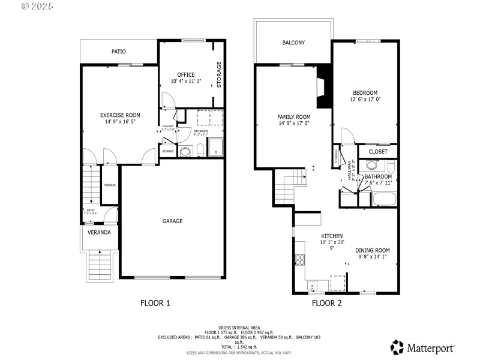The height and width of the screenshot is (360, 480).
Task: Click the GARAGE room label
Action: (x=172, y=221)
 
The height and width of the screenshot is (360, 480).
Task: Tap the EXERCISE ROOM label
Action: (x=120, y=115)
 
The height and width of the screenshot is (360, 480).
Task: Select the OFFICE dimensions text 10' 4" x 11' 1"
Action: (x=186, y=81)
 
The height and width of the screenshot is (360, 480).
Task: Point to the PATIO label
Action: (x=119, y=52)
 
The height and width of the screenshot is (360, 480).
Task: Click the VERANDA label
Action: (x=99, y=232)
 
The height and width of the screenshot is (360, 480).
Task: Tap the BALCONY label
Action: (x=293, y=43)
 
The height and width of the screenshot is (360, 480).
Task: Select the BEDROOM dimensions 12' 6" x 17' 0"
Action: (x=365, y=99)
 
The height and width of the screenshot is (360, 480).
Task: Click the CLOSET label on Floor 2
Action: (x=378, y=152)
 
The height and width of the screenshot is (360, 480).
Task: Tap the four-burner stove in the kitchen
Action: (x=299, y=260)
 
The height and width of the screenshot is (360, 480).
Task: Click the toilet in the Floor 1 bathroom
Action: (x=186, y=152)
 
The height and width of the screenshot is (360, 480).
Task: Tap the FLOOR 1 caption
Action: (x=155, y=303)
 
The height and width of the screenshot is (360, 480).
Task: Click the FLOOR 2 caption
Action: (x=326, y=303)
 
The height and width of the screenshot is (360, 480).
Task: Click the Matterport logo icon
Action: (x=397, y=347)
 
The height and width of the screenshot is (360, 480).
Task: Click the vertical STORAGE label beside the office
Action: (x=219, y=75)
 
